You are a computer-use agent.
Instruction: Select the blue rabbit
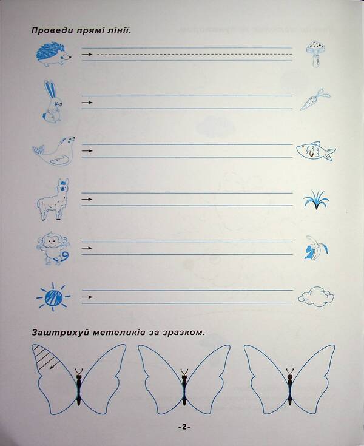pyautogui.click(x=52, y=101)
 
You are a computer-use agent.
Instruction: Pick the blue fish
pyautogui.click(x=315, y=152)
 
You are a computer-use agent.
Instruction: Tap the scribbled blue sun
pyautogui.click(x=53, y=297)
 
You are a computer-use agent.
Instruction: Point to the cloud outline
pyautogui.click(x=316, y=296)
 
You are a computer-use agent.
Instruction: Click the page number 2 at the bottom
pyautogui.click(x=184, y=427)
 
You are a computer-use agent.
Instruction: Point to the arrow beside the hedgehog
pyautogui.click(x=87, y=55)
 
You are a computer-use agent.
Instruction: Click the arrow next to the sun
pyautogui.click(x=87, y=297)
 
